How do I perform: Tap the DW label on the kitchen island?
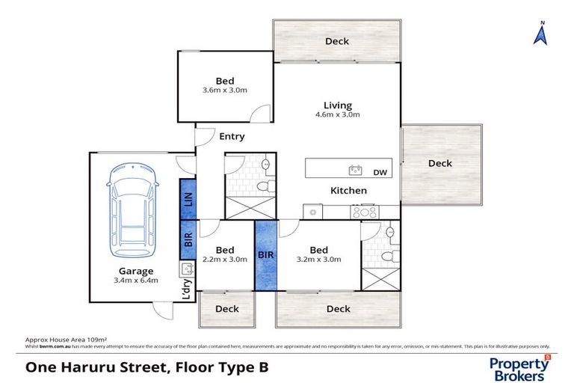click(380, 172)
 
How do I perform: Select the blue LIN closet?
click(188, 200)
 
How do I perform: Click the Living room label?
click(337, 105)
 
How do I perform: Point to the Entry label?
click(232, 137)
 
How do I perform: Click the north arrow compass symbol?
click(540, 33)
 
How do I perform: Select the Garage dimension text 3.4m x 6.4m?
click(135, 281)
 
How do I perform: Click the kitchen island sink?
click(356, 170)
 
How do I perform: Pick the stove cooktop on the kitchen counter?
click(366, 212)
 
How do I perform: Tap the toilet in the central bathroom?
click(262, 186)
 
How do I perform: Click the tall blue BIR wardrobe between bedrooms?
click(265, 254)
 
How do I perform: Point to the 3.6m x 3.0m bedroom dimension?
click(224, 91)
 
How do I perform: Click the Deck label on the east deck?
click(440, 163)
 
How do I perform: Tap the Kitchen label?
click(349, 191)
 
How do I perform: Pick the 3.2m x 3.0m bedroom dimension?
click(318, 260)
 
